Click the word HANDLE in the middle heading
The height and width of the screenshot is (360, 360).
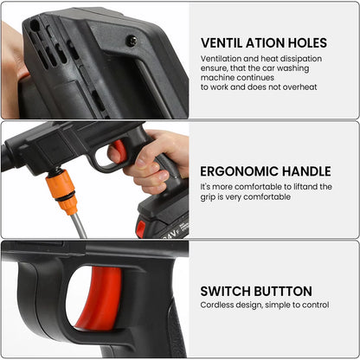[x=309, y=170]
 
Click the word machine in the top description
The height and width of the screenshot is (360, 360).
[x=220, y=77]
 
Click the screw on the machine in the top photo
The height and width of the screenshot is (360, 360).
[x=131, y=40]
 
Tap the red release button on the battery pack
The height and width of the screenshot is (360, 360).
[x=140, y=228]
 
